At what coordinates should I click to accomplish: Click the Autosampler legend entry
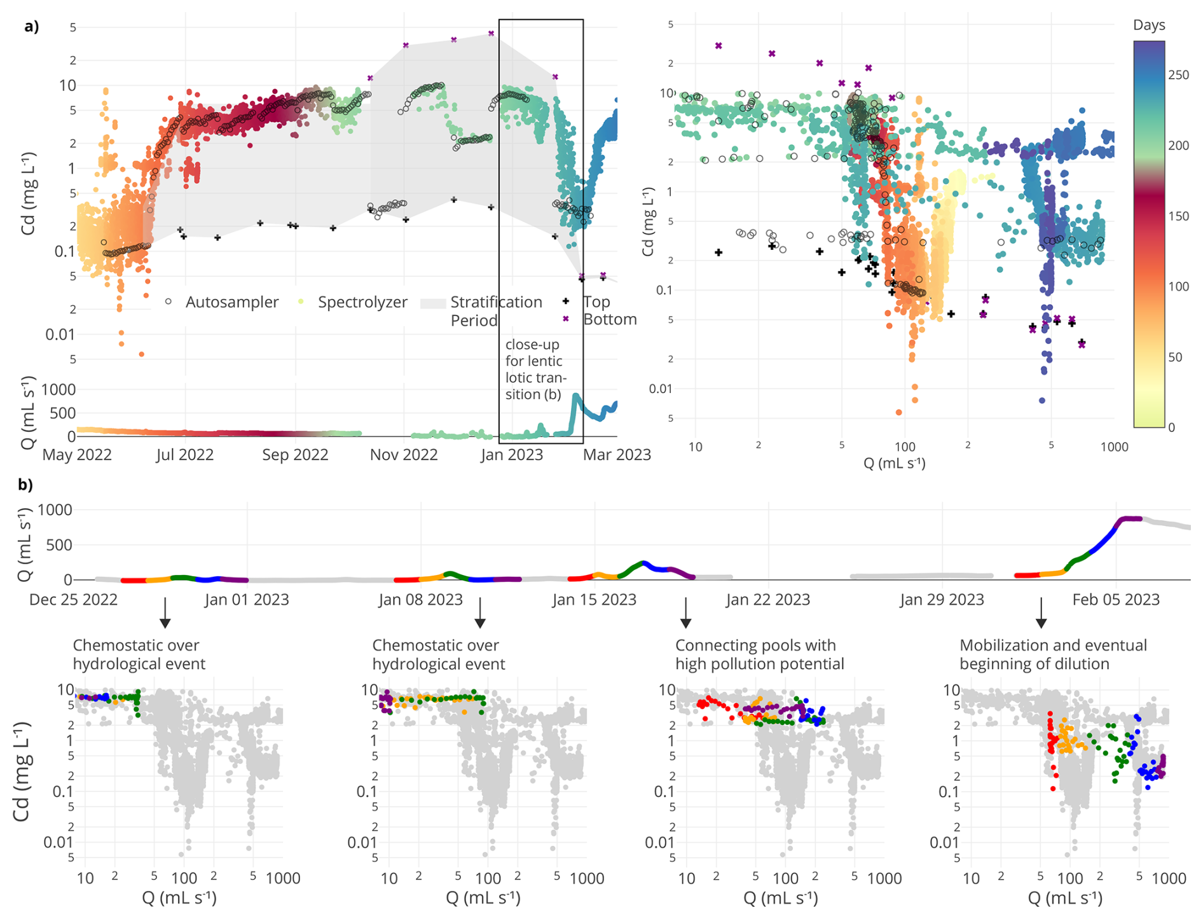(x=231, y=302)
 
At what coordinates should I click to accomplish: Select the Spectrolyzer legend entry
(x=362, y=302)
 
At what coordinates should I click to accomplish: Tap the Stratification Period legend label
(x=496, y=310)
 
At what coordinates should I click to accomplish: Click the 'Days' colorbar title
(x=1148, y=25)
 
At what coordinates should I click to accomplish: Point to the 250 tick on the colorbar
(x=1178, y=75)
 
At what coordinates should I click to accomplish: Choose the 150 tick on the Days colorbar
(x=1178, y=216)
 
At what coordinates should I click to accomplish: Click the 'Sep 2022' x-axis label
(x=295, y=455)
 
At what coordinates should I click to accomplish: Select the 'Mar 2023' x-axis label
(x=617, y=455)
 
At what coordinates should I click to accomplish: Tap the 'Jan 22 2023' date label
(x=768, y=600)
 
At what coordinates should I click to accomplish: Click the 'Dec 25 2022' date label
(x=74, y=600)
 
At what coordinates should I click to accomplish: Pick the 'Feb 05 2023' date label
(x=1116, y=600)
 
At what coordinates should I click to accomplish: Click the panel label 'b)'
(x=25, y=485)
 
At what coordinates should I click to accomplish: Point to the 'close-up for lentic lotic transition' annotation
(x=534, y=370)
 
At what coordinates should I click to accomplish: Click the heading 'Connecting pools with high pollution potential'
(x=759, y=654)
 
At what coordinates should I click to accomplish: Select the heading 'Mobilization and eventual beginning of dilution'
(x=1053, y=654)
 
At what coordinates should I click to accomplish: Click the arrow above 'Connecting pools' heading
(x=685, y=613)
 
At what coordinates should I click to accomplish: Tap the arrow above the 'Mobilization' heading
(x=1041, y=613)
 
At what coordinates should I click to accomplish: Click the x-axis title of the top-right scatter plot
(x=894, y=464)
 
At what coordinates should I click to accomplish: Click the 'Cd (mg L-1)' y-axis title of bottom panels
(x=22, y=771)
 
